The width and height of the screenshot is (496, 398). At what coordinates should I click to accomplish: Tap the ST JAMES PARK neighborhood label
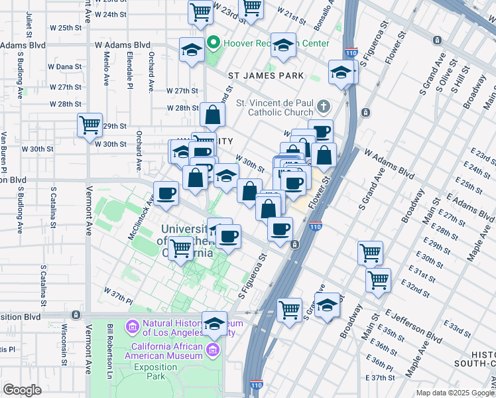266,76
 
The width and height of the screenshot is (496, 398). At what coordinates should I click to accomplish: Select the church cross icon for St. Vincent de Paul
323,106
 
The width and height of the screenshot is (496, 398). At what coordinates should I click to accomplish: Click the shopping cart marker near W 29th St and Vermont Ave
90,124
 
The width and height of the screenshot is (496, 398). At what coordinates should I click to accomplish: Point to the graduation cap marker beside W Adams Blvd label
192,50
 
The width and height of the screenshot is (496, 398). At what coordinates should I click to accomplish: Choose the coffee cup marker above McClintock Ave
166,193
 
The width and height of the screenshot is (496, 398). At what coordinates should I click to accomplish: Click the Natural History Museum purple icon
131,326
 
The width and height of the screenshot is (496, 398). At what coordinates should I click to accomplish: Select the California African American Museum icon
213,350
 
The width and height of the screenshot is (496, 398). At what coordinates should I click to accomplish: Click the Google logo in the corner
22,390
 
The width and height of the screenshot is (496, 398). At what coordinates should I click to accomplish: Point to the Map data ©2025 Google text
455,393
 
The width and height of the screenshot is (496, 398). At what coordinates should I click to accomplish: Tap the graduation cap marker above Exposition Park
214,324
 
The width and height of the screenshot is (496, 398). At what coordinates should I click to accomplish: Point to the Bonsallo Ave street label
331,15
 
